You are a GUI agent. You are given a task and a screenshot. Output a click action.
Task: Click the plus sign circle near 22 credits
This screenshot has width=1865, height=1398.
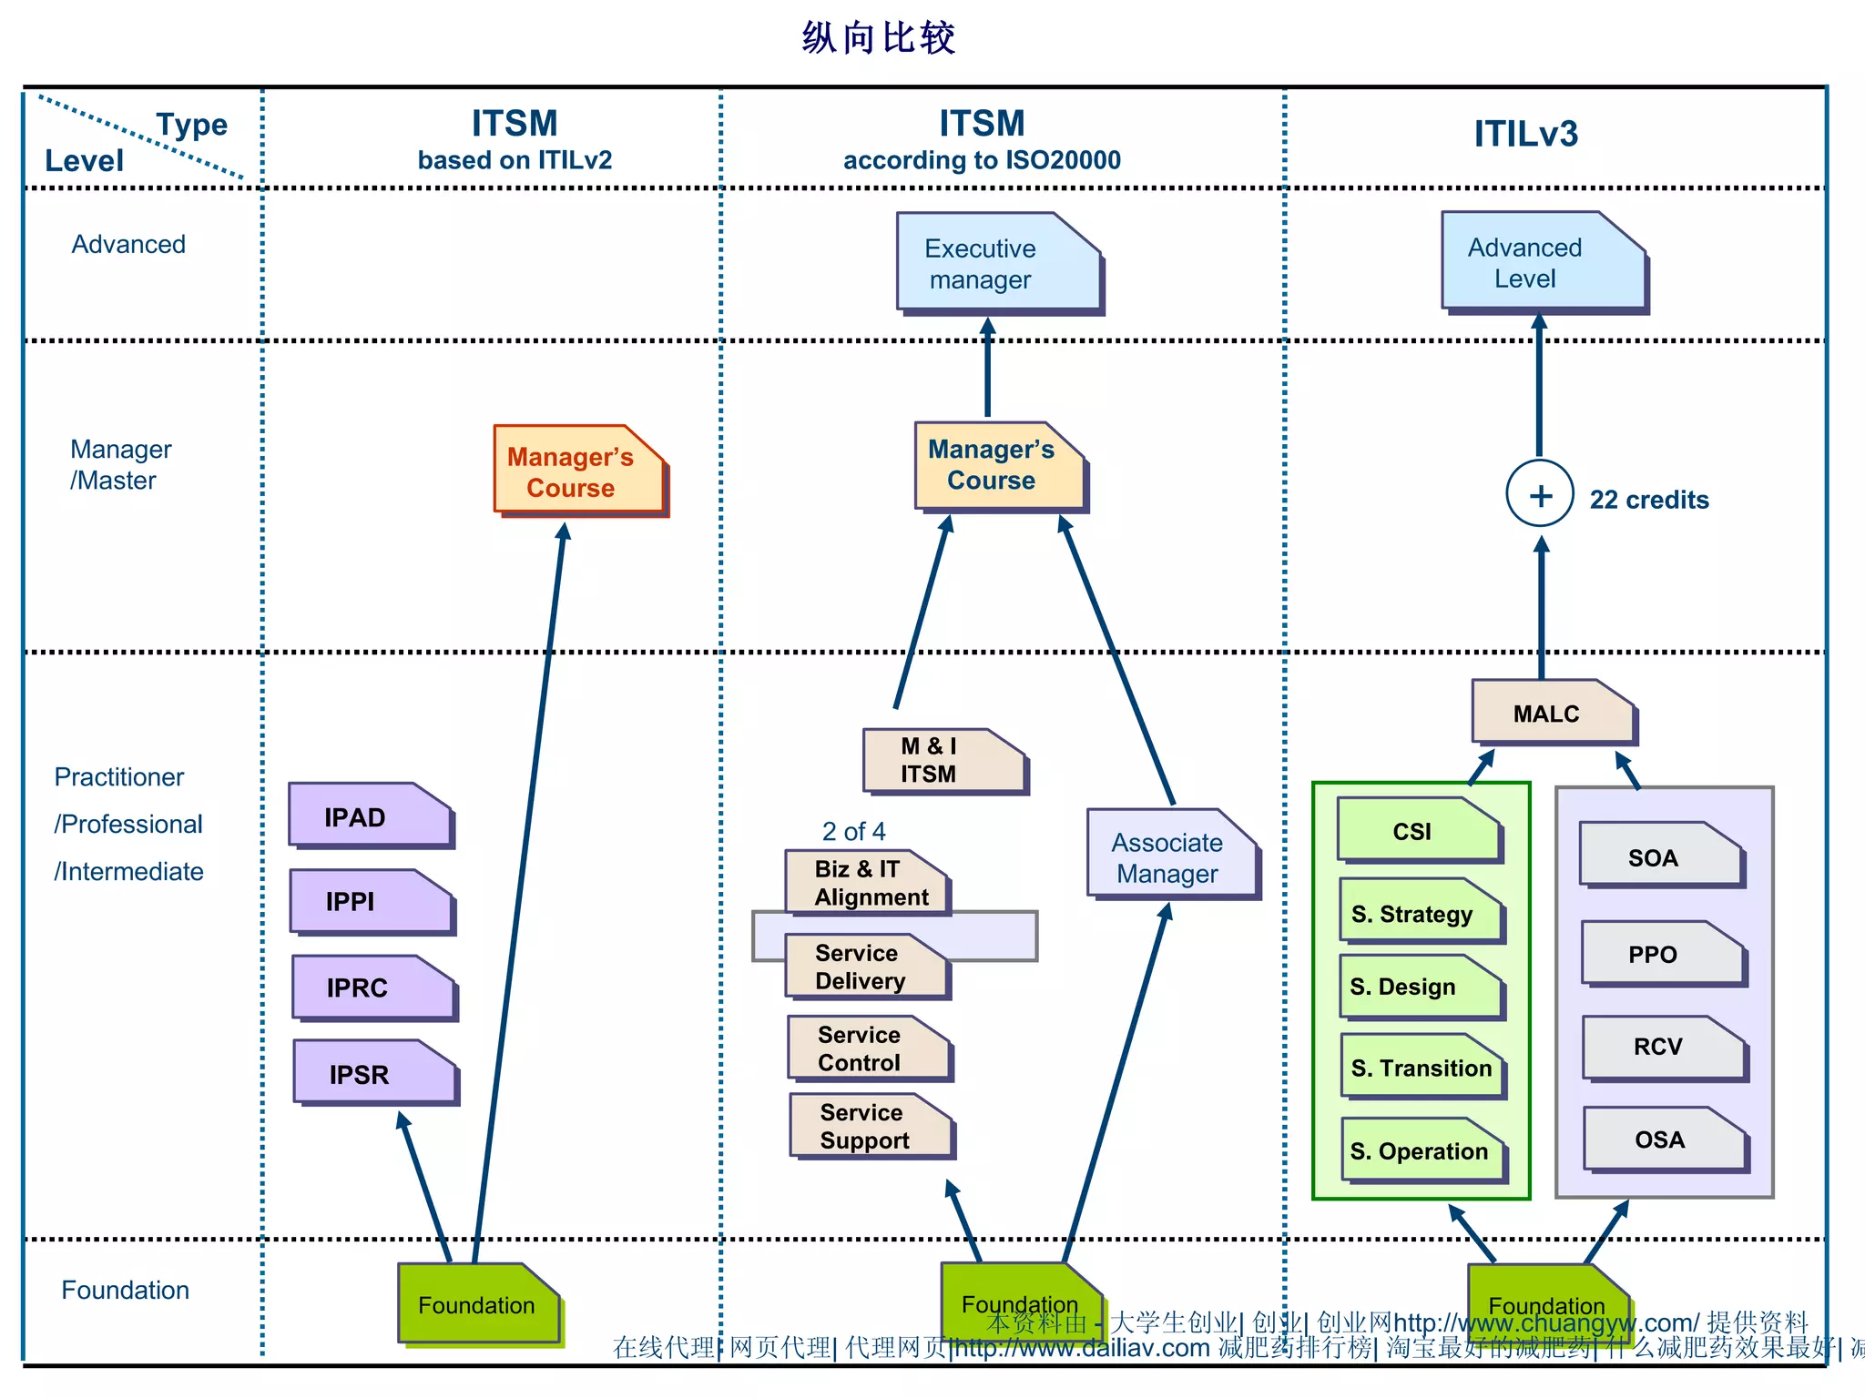[1540, 495]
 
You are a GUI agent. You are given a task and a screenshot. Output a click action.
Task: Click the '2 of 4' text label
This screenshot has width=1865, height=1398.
[853, 831]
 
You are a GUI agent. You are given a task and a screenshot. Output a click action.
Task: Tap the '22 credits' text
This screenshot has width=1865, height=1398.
[1649, 500]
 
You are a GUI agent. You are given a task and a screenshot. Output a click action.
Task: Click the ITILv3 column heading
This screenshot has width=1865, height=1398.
[1525, 135]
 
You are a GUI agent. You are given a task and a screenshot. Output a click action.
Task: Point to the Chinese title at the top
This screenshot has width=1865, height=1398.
[878, 38]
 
